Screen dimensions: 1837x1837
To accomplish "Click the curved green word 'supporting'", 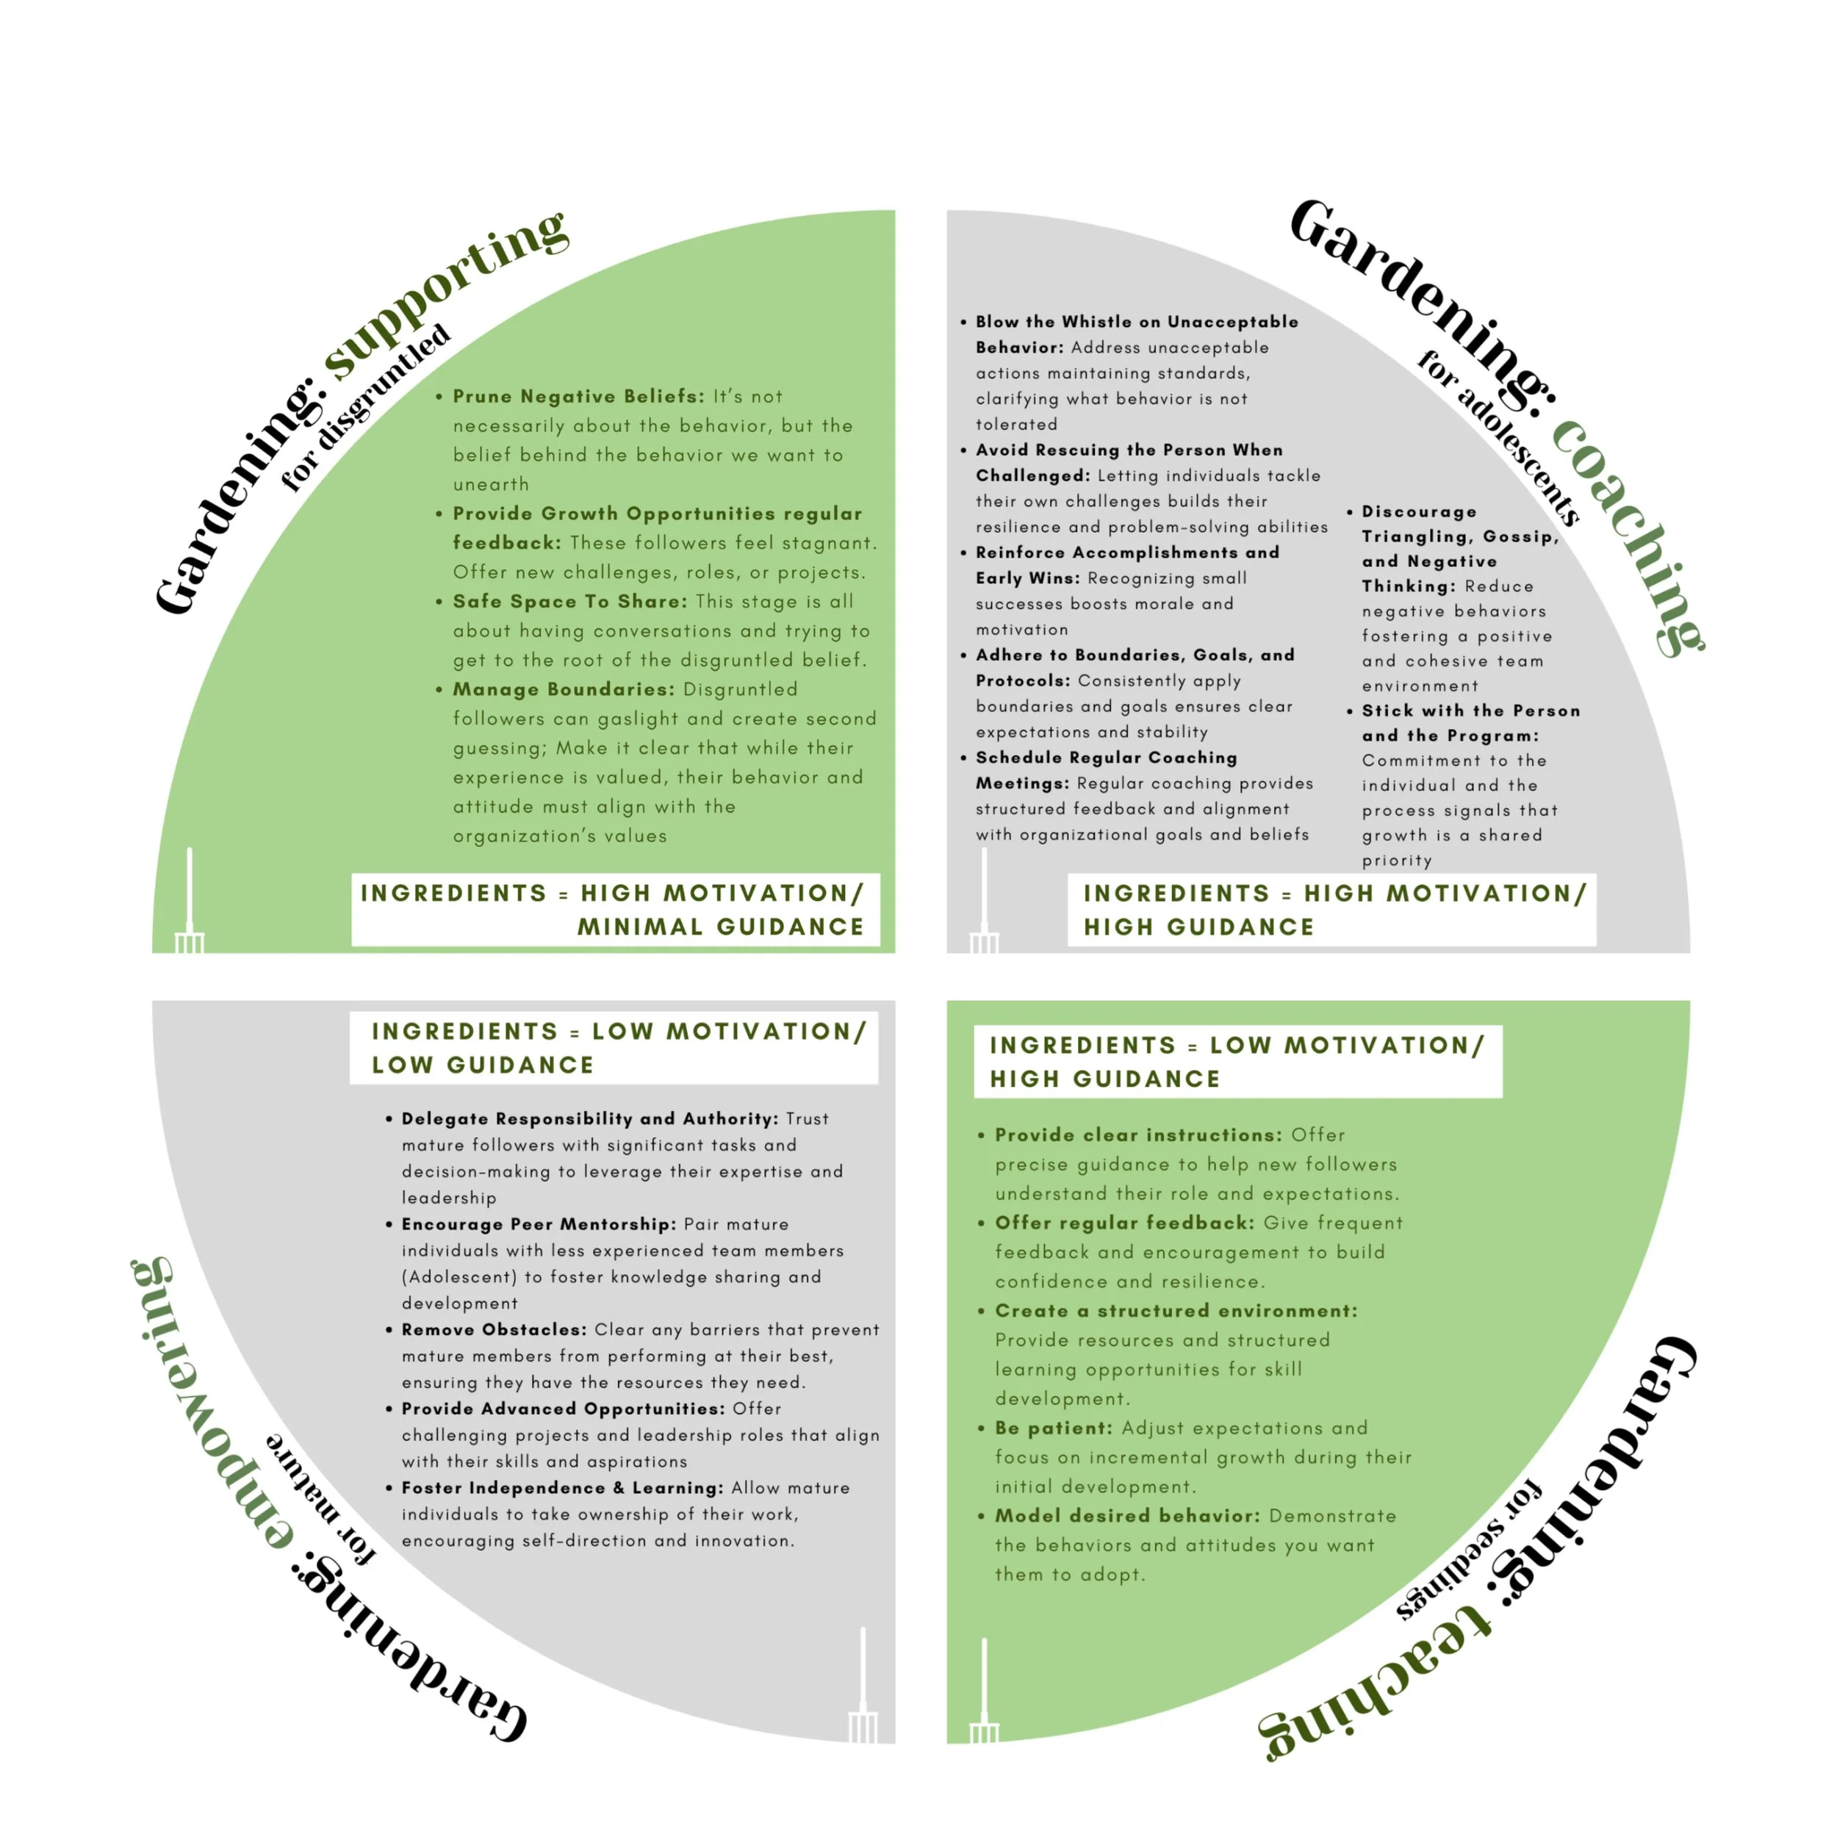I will (x=447, y=290).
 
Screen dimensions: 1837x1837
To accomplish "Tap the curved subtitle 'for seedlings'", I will (x=1469, y=1550).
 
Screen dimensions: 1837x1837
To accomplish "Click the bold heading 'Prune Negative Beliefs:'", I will (x=578, y=397).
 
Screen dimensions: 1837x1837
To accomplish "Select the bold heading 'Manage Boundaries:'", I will (x=563, y=689).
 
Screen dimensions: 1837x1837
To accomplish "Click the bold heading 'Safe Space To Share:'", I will (x=569, y=602).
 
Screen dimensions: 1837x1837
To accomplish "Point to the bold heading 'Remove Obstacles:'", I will (x=494, y=1329).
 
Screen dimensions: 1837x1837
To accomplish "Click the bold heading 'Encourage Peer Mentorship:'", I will (x=538, y=1223).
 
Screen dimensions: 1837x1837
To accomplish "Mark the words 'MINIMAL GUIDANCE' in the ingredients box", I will (x=720, y=927).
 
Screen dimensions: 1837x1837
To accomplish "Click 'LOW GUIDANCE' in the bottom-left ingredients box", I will (x=483, y=1065).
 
